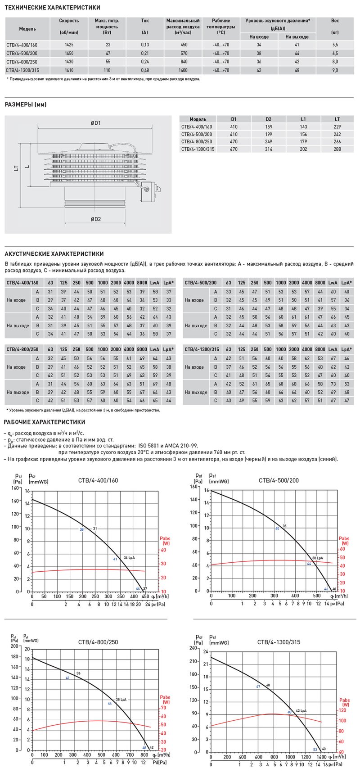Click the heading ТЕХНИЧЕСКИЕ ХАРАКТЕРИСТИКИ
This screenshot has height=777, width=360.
pos(52,8)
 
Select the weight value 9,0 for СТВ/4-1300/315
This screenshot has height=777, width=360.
pos(335,70)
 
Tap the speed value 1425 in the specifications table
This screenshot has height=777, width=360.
pos(69,45)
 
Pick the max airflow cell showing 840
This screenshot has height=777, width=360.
pos(183,62)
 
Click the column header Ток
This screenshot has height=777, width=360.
pos(145,21)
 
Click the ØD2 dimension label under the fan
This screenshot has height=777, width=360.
pos(95,219)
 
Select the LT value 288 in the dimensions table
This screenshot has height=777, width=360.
pos(337,149)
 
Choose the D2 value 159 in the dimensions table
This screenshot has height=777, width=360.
pos(268,126)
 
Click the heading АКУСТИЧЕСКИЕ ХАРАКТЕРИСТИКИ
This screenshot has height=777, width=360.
pos(54,254)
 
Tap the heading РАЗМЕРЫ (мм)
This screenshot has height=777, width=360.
pos(26,105)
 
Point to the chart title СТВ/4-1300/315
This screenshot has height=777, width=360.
pos(279,642)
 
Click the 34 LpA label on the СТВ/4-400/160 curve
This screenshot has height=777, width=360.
pos(129,557)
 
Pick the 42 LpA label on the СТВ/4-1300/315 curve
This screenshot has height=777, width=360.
pos(301,710)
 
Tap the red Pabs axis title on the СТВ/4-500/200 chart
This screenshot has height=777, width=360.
pos(344,541)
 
